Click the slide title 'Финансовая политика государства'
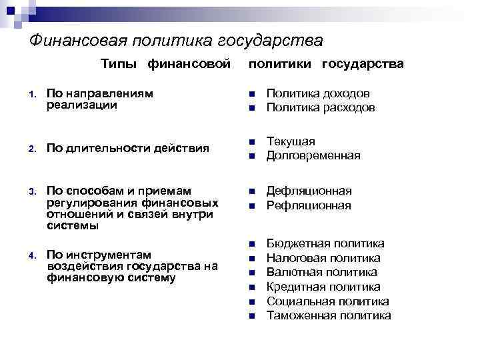click(x=176, y=41)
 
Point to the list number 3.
click(x=31, y=193)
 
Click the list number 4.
click(x=31, y=255)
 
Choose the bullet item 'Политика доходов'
click(x=318, y=93)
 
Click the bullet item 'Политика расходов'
click(x=321, y=107)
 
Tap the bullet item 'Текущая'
click(x=291, y=141)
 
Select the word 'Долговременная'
click(x=313, y=155)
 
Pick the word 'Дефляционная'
click(x=309, y=191)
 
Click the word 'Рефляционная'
click(x=308, y=205)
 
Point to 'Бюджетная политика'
click(x=325, y=243)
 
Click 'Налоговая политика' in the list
click(x=323, y=257)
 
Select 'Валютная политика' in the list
click(x=321, y=272)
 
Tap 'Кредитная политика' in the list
click(x=323, y=287)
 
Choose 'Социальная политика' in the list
click(x=327, y=301)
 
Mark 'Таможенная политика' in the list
click(x=329, y=315)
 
